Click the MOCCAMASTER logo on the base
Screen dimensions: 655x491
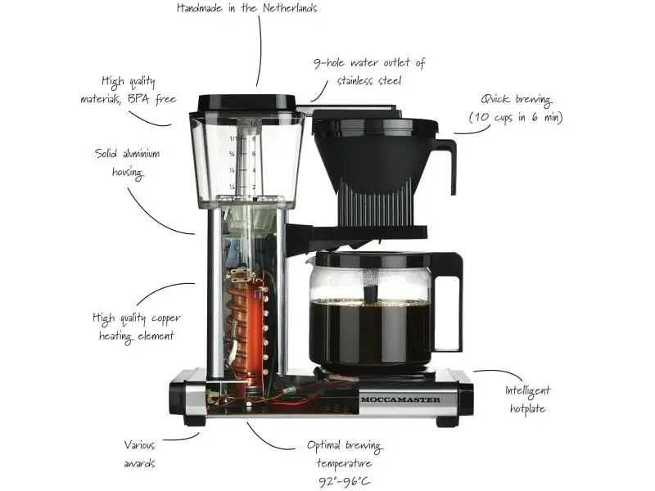click(400, 399)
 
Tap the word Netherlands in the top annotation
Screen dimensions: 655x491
click(290, 7)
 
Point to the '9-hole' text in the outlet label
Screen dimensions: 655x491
click(329, 63)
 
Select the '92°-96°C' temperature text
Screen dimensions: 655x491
click(344, 482)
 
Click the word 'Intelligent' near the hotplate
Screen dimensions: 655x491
click(527, 391)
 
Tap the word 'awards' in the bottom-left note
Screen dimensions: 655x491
click(139, 463)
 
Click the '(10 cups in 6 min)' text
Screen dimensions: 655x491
click(516, 117)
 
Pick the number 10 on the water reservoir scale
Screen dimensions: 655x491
click(254, 124)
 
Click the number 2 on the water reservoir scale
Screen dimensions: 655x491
click(254, 187)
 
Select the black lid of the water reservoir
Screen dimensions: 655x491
click(247, 104)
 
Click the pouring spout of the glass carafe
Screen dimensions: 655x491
click(310, 261)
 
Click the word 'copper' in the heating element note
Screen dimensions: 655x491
click(166, 319)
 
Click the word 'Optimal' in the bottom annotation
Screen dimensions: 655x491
click(323, 446)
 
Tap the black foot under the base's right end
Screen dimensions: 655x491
click(448, 421)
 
